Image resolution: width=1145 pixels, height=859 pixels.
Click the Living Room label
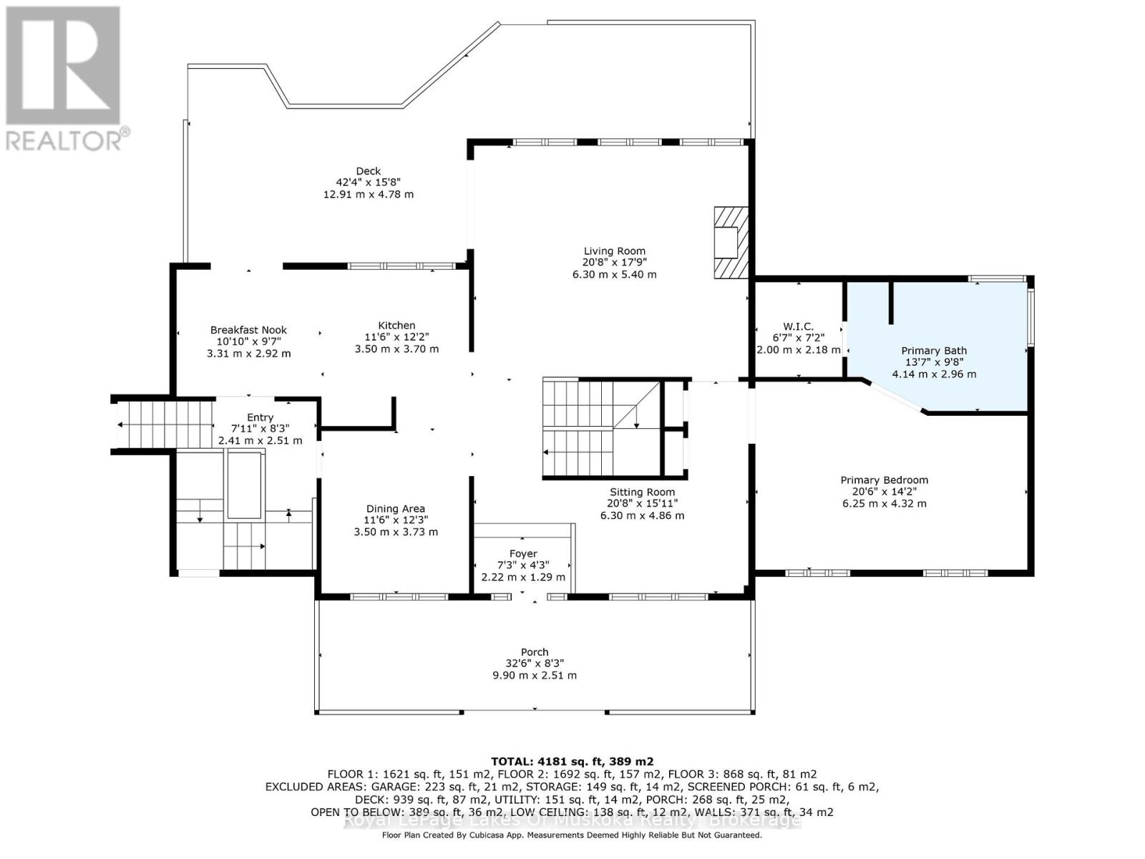click(x=614, y=251)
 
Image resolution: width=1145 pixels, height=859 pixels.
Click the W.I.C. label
click(x=798, y=326)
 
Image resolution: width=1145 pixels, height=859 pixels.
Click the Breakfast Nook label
click(x=248, y=330)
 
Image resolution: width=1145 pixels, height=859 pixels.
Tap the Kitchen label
click(x=396, y=326)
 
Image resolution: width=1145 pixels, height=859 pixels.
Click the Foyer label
click(x=523, y=554)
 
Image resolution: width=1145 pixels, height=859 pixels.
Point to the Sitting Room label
click(x=642, y=492)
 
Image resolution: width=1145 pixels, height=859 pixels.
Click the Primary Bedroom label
click(x=884, y=480)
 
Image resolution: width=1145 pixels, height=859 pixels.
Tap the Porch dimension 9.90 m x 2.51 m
click(x=535, y=675)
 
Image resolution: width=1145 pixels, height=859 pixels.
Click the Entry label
click(x=260, y=417)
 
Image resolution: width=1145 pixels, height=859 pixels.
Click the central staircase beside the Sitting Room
click(x=600, y=428)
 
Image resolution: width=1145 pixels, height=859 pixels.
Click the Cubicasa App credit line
click(x=572, y=835)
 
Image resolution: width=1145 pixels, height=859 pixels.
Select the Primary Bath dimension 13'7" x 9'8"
click(x=934, y=362)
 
